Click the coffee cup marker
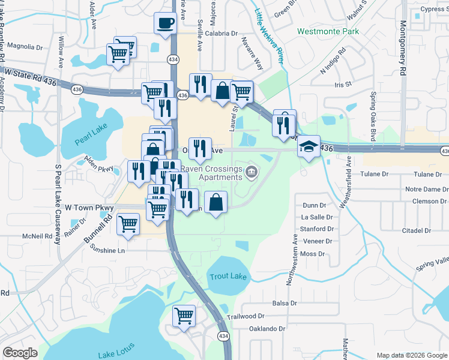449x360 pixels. click(x=165, y=24)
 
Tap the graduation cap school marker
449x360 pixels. click(x=308, y=147)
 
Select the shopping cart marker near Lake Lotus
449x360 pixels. click(x=184, y=316)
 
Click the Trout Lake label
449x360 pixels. click(x=228, y=277)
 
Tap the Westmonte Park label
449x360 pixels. click(x=328, y=31)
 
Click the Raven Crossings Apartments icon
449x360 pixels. click(x=252, y=173)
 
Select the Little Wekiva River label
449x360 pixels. click(x=269, y=29)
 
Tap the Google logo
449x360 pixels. click(x=20, y=352)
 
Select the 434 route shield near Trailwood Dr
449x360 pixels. click(x=222, y=336)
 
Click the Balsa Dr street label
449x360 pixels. click(x=285, y=304)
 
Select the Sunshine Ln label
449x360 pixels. click(x=108, y=250)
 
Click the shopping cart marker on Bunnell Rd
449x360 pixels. click(x=128, y=224)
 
